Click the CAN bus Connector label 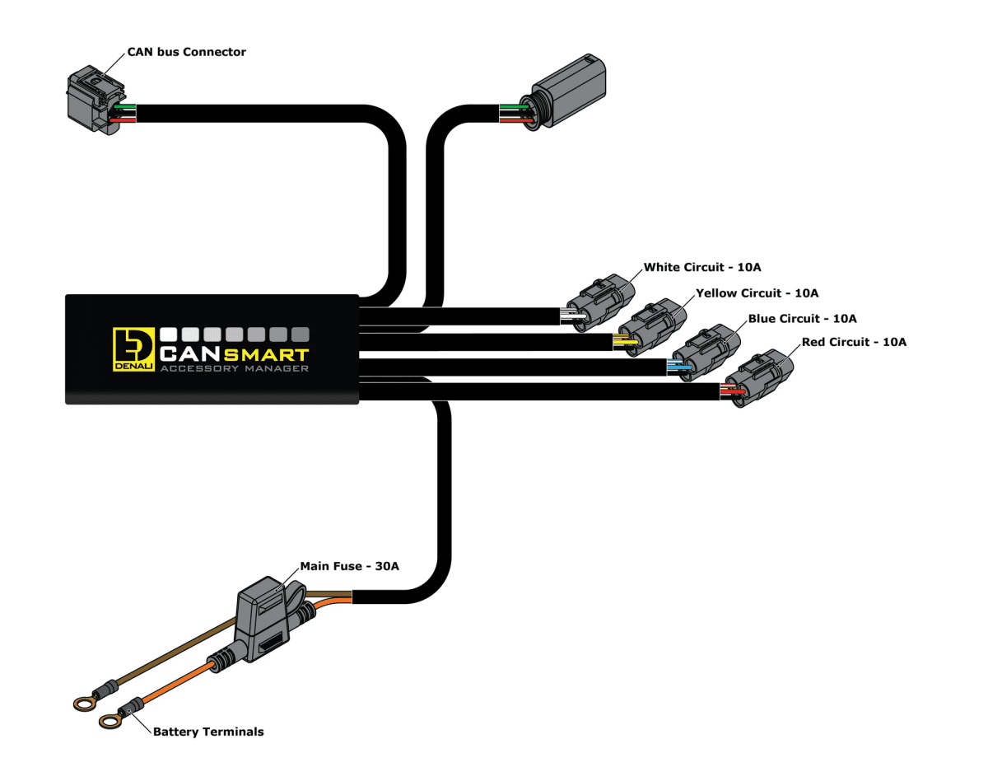click(186, 52)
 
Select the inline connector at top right click(569, 90)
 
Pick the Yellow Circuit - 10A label click(757, 292)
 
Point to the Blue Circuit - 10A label click(803, 318)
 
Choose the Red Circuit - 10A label click(853, 342)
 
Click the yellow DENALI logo click(133, 349)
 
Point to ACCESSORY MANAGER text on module click(235, 369)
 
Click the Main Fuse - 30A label click(349, 566)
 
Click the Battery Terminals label click(208, 732)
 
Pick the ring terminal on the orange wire click(110, 722)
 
